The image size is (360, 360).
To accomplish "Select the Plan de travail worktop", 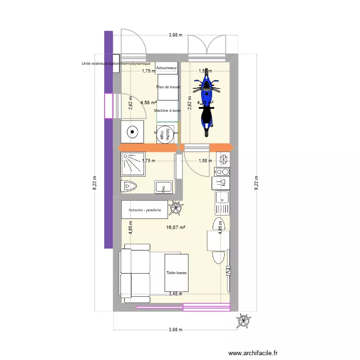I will pyautogui.click(x=168, y=87).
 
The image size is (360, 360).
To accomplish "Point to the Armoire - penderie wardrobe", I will pyautogui.click(x=144, y=209).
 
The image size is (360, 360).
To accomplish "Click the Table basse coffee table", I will pyautogui.click(x=176, y=273).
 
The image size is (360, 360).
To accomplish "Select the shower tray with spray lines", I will pyautogui.click(x=132, y=164).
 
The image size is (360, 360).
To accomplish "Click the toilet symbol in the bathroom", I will pyautogui.click(x=130, y=186).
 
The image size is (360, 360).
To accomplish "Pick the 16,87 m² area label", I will pyautogui.click(x=176, y=228).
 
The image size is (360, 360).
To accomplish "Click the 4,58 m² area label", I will pyautogui.click(x=148, y=102).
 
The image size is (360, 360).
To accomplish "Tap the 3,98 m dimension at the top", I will pyautogui.click(x=175, y=35).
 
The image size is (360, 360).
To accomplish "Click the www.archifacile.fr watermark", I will pyautogui.click(x=253, y=353).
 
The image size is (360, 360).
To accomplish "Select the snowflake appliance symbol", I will pyautogui.click(x=223, y=159).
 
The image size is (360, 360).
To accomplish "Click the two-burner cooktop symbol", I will pyautogui.click(x=222, y=171).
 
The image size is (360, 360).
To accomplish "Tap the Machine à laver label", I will pyautogui.click(x=167, y=111).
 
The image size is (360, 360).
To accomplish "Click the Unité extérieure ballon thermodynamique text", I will pyautogui.click(x=116, y=63).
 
